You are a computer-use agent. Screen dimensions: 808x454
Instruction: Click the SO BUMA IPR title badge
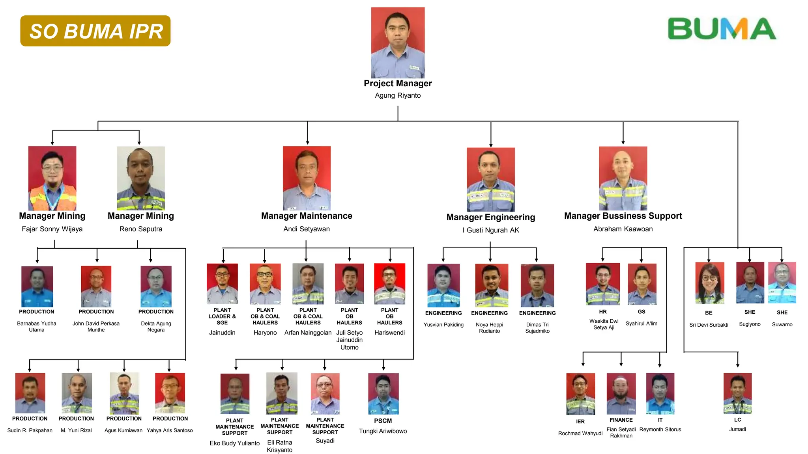coord(95,31)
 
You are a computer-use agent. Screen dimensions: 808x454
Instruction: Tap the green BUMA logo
coord(722,29)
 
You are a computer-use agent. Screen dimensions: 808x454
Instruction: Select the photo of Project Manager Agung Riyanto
coord(398,43)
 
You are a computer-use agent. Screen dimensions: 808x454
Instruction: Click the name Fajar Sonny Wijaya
coord(52,229)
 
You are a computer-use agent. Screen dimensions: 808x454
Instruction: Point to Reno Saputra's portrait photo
coord(141,178)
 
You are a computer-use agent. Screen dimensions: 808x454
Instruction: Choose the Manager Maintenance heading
coord(307,216)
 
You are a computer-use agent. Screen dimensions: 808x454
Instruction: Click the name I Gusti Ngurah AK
coord(491,230)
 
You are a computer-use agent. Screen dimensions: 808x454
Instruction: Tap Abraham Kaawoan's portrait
coord(623,179)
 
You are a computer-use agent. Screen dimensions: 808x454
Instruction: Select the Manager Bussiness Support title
coord(623,216)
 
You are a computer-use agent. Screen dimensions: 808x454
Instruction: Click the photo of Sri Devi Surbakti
coord(709,283)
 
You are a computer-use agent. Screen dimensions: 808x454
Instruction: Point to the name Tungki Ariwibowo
coord(383,431)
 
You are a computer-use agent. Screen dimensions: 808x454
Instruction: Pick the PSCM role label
coord(383,421)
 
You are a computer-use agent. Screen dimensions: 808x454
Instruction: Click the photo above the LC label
coord(737,393)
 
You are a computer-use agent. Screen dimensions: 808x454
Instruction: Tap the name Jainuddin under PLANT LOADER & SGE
coord(222,333)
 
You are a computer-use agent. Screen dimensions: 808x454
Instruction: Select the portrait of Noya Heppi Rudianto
coord(492,285)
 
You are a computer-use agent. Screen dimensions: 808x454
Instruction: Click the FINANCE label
coord(621,420)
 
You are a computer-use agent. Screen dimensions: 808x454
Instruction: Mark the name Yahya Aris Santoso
coord(170,430)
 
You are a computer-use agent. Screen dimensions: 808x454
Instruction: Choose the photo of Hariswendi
coord(389,284)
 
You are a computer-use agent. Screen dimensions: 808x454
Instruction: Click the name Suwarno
coord(782,324)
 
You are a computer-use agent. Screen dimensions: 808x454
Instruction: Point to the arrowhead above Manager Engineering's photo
coord(491,145)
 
